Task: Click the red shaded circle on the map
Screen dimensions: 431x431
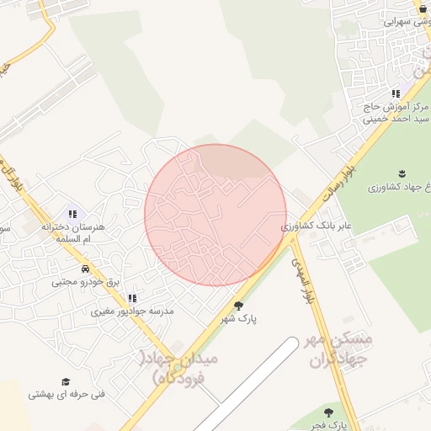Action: [x=215, y=215]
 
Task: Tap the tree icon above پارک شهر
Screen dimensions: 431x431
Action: [x=238, y=306]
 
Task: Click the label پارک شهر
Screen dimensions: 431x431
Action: [x=239, y=320]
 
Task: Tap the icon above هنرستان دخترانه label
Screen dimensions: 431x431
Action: [x=72, y=214]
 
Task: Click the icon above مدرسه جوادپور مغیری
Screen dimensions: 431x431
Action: [x=131, y=298]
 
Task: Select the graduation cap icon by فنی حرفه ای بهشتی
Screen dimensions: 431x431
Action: [x=65, y=381]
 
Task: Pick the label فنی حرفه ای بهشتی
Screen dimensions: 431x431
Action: [x=67, y=394]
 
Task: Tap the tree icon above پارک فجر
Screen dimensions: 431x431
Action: [x=328, y=412]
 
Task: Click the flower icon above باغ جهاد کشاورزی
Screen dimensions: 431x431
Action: [x=401, y=173]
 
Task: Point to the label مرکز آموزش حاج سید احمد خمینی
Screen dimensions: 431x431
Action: [x=396, y=114]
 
